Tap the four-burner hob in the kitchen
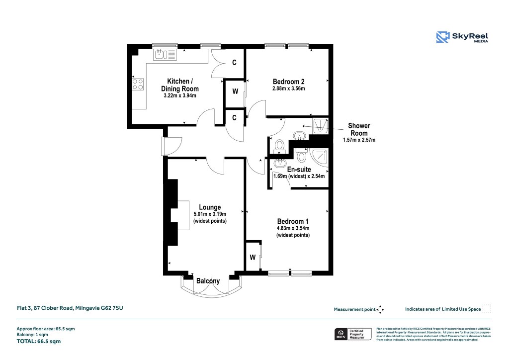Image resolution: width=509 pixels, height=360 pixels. click(138, 85)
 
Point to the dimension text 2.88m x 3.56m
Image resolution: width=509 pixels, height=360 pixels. click(288, 89)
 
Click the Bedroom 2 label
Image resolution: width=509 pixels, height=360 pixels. click(288, 82)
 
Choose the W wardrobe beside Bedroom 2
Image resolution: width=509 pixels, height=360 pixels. click(235, 92)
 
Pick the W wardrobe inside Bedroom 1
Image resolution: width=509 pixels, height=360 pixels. click(253, 257)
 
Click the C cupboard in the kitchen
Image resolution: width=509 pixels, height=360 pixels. click(234, 63)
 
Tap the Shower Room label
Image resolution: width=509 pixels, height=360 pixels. click(359, 130)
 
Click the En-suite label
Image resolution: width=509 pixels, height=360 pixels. click(299, 170)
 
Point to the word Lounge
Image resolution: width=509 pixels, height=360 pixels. click(210, 207)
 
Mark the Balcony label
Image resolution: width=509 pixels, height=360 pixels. click(208, 281)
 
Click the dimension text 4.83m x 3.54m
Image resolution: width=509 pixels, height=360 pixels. click(293, 229)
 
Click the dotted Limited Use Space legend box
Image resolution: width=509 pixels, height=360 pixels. click(487, 309)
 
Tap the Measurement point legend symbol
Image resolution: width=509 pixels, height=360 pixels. click(380, 309)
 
